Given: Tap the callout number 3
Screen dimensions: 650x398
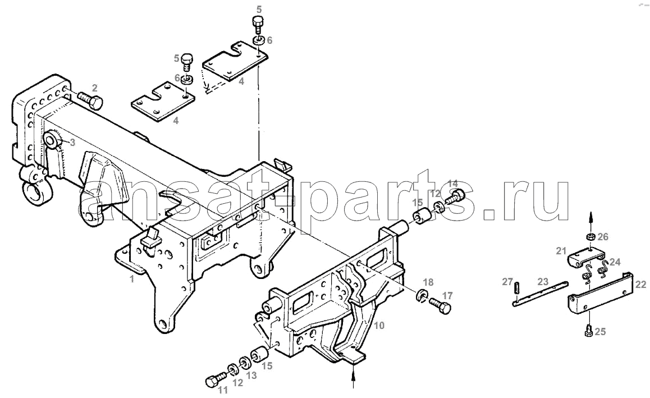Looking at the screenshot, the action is [72, 143].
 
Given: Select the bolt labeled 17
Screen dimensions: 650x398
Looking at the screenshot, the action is [440, 306].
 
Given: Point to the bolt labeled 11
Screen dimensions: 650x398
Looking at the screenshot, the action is [215, 379].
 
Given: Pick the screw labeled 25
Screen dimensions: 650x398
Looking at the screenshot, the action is [589, 331].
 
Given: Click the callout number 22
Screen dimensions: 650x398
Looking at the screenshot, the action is [640, 285].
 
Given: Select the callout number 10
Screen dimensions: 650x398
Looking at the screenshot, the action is [379, 326].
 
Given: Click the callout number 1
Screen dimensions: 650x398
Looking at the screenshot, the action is [132, 279].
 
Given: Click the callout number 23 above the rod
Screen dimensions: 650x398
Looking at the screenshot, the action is [543, 282].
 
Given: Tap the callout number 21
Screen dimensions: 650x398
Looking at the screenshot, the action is [561, 251].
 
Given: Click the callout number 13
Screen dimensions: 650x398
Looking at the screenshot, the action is [251, 376].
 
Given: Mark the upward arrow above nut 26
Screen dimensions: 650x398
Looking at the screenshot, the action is [592, 220].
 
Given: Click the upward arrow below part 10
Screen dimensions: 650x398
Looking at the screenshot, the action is [353, 377].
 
